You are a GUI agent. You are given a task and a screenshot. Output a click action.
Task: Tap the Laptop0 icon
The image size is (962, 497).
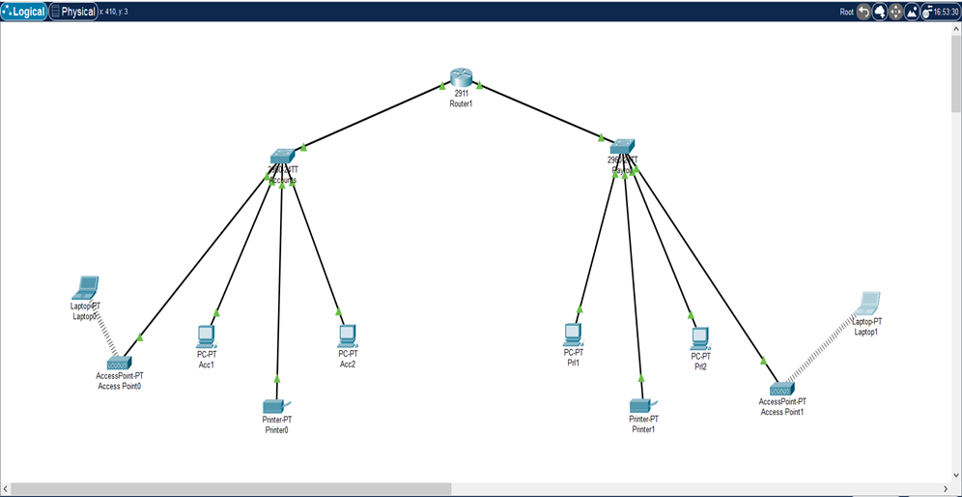click(86, 288)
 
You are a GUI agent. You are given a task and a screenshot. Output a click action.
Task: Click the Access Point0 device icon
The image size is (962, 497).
click(119, 364)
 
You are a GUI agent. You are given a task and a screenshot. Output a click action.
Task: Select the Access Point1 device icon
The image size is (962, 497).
click(781, 388)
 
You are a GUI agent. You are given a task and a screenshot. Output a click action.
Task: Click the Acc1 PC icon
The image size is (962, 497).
click(206, 336)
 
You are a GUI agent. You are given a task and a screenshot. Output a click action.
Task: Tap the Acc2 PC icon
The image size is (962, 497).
click(348, 336)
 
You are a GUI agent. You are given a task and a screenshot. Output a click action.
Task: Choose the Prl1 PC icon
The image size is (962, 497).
click(574, 335)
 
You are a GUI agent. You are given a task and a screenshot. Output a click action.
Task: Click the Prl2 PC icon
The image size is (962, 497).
click(700, 337)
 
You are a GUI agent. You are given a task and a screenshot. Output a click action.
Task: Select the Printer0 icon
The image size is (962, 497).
click(276, 404)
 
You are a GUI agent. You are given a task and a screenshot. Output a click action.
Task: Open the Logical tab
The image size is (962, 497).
click(24, 12)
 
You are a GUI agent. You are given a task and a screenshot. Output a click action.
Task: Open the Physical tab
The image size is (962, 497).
click(73, 12)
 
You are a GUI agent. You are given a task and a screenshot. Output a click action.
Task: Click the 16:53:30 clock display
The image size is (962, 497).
click(945, 12)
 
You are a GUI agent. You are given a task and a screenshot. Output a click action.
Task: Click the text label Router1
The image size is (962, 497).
click(461, 103)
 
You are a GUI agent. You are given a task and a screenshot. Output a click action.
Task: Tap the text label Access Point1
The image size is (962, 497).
click(781, 412)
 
